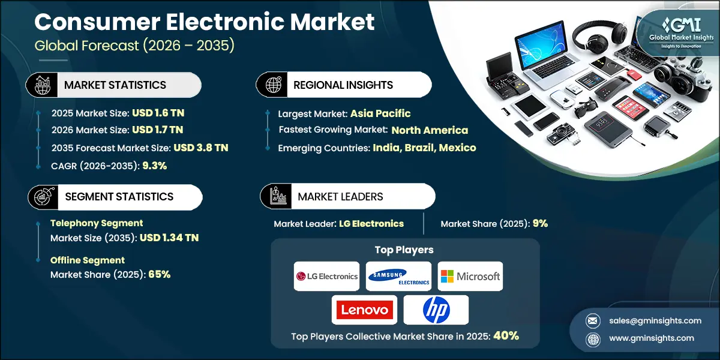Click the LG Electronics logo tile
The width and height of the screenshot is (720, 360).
tap(326, 277)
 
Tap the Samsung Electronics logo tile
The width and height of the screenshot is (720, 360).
tap(398, 277)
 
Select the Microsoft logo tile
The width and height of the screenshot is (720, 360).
tap(470, 277)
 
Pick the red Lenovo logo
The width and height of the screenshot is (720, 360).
tap(364, 310)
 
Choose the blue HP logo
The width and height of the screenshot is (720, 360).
tap(436, 310)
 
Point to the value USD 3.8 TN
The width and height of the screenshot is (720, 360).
tap(200, 148)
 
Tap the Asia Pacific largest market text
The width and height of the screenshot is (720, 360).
tap(380, 113)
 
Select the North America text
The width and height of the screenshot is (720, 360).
tap(430, 130)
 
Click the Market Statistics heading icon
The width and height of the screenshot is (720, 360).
tap(42, 85)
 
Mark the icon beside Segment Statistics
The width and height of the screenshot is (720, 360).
tap(42, 197)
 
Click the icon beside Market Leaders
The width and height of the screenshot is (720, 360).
tap(276, 197)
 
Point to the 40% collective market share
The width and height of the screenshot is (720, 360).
tap(506, 336)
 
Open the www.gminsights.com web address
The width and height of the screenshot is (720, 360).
tap(652, 338)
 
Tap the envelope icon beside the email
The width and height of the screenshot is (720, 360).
tap(592, 320)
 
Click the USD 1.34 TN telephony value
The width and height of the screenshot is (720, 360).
tap(169, 238)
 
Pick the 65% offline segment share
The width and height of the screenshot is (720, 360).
tap(158, 274)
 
